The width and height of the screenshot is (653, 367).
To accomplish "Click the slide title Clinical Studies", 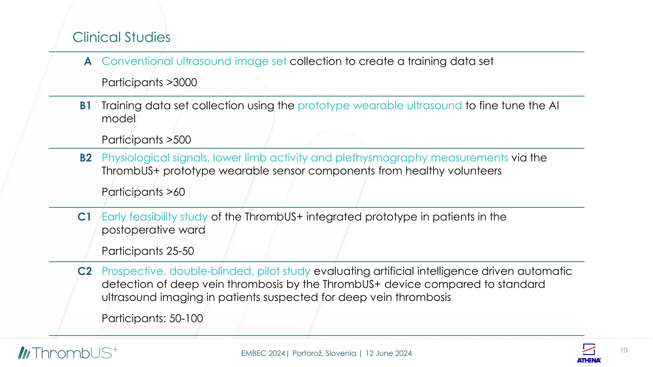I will coord(121,37).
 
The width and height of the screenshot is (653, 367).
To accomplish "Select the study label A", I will coord(88,61).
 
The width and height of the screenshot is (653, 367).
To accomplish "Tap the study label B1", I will coord(85,105).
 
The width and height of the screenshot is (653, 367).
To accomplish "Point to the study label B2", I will coord(86,158).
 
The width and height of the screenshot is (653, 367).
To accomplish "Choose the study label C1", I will coord(84,217).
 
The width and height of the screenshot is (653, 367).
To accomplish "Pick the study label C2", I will coord(85,271).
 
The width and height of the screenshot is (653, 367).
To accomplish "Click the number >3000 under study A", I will coord(182,83).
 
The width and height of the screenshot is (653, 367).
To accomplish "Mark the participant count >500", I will coord(179,140).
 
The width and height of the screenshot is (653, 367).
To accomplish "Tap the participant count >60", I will coord(176,192).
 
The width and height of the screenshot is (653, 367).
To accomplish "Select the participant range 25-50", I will coord(180,251).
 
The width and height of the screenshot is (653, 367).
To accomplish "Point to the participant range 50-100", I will coord(186,318).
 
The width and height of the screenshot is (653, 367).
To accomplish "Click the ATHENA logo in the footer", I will coord(589,353).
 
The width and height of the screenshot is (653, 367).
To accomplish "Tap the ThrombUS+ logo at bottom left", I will coord(68,353).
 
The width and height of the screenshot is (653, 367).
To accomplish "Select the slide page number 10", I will coord(624,350).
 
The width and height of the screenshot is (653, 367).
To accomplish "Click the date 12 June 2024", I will coord(389,353).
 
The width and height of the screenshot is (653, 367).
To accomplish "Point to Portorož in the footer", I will coord(307,353).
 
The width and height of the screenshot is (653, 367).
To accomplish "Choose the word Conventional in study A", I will coord(137,61).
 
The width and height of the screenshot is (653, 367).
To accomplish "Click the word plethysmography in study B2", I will coord(381,158).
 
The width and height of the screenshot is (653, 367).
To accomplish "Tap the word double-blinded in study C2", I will coord(212,271).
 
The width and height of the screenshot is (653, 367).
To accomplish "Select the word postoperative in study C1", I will coord(138,230).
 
